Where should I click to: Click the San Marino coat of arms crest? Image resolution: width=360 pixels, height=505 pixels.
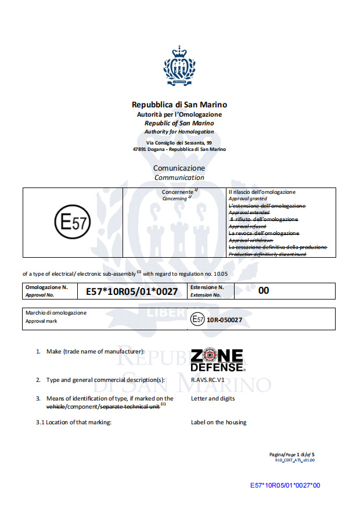point(179,66)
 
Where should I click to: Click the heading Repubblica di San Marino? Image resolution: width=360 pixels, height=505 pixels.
point(179,105)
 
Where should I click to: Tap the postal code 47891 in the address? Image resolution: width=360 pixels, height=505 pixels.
point(142,149)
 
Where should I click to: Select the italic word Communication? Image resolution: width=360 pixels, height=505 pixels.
point(179,178)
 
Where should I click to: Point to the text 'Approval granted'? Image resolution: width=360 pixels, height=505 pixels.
point(248,199)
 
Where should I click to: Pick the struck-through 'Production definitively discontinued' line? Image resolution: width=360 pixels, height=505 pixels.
point(268,254)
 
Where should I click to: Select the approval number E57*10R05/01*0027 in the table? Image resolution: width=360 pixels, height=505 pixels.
point(132,291)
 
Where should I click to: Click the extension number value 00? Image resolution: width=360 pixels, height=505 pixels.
point(264,290)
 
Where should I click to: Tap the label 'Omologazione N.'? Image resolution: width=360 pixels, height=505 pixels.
point(46,287)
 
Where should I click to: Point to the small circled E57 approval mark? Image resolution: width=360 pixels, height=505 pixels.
point(198,319)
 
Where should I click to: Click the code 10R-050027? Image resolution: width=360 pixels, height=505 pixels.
point(225,319)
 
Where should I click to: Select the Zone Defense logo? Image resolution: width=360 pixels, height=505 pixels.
point(217,360)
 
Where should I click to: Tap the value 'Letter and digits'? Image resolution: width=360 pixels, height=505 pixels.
point(213,398)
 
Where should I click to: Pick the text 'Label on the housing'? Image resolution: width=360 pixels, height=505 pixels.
point(218,422)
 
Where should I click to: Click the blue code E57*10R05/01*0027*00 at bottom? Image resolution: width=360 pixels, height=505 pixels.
point(285,485)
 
